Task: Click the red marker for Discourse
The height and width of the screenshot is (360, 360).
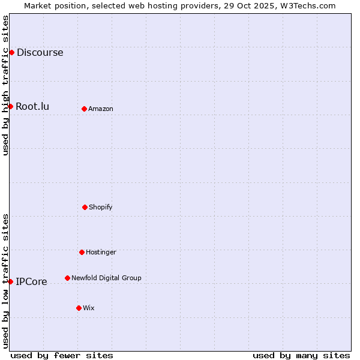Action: point(11,52)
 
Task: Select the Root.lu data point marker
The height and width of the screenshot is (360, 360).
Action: point(10,106)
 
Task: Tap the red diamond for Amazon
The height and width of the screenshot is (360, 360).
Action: point(84,109)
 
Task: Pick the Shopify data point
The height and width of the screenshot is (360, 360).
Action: point(85,207)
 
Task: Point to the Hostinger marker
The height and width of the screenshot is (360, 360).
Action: point(82,252)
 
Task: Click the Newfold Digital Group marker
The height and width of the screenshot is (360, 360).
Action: point(67,278)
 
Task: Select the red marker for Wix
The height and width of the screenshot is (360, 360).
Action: point(79,308)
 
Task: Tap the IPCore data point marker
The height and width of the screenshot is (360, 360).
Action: point(10,281)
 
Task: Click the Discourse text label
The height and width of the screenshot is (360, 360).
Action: point(40,52)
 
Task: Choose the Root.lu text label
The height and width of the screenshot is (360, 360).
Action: point(32,106)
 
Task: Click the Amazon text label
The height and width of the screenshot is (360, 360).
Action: point(101,109)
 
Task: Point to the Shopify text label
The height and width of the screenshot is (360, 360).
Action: point(101,207)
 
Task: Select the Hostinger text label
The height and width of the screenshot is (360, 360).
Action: point(101,252)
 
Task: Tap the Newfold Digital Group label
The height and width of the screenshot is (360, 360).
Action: point(106,278)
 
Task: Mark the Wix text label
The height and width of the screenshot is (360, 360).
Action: point(89,308)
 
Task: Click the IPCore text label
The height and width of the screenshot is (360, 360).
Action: point(31,281)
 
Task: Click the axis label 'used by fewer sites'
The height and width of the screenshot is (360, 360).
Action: point(62,355)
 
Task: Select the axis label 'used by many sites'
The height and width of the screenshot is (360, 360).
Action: point(301,355)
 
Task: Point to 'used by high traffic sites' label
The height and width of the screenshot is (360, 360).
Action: point(5,85)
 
